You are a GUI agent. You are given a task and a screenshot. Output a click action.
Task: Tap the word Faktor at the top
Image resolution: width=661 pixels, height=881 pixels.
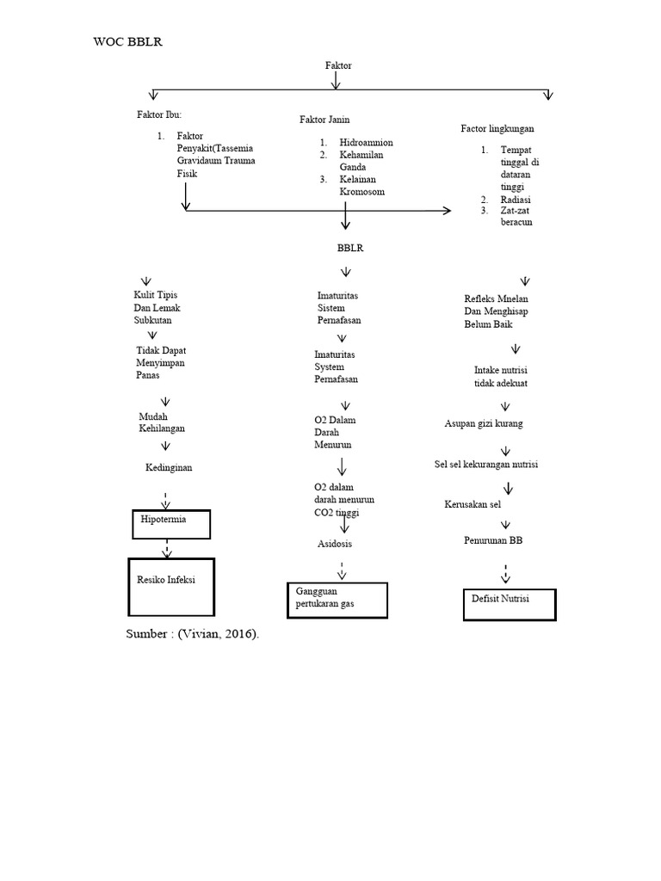[338, 65]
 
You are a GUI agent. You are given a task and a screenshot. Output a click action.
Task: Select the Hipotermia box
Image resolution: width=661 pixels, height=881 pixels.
[171, 524]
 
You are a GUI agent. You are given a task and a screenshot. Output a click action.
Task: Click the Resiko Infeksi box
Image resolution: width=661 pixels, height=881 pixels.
[171, 586]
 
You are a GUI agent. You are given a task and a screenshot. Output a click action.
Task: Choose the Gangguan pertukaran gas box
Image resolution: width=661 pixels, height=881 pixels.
[337, 600]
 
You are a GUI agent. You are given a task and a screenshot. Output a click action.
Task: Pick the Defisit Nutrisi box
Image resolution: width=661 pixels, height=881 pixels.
[510, 604]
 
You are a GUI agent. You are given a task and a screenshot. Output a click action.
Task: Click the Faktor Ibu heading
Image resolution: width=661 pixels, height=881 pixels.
[159, 114]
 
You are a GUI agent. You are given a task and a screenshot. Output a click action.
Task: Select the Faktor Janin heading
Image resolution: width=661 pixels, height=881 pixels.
[324, 120]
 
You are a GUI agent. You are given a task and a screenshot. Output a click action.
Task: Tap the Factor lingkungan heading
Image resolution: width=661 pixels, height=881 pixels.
[497, 128]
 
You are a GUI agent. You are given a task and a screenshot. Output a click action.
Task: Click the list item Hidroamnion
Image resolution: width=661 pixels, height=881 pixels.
[366, 142]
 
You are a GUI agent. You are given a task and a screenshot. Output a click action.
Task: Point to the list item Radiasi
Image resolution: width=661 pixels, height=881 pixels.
[516, 199]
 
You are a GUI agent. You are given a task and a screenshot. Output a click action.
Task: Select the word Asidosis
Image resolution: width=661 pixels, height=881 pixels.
[334, 544]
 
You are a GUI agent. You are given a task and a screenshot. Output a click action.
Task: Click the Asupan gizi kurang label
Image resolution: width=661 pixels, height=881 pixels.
[483, 423]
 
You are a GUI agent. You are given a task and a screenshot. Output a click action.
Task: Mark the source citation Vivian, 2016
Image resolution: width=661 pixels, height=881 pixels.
[192, 633]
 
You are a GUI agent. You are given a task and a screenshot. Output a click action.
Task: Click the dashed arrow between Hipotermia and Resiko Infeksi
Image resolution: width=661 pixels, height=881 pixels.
[167, 548]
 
